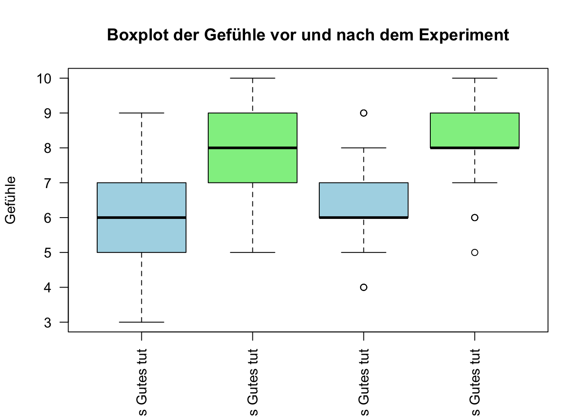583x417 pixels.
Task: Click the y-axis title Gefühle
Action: tap(10, 200)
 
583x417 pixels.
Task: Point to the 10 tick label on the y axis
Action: tap(44, 79)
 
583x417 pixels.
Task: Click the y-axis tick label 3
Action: tap(47, 323)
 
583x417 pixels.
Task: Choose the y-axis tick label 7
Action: tap(47, 183)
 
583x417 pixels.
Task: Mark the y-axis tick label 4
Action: tap(47, 288)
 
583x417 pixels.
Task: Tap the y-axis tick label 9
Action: tap(47, 113)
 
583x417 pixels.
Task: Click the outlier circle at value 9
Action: tap(364, 113)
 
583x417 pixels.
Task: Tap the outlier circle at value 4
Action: tap(364, 287)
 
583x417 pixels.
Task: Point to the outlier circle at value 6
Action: tap(475, 218)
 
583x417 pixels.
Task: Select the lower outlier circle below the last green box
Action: tap(475, 252)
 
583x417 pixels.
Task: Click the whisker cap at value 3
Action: tap(141, 322)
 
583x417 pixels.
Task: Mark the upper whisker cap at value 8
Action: tap(364, 148)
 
